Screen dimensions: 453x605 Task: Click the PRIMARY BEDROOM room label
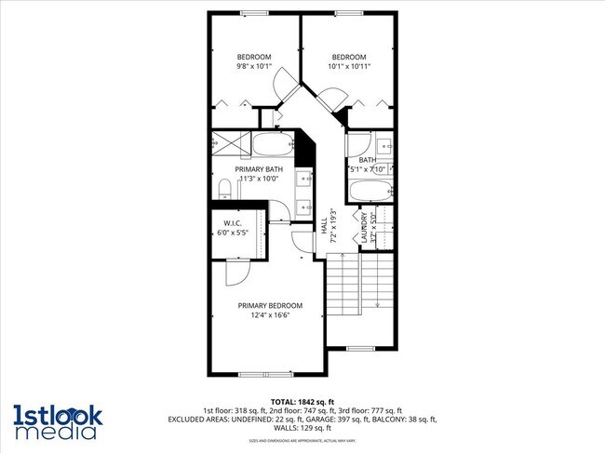pyautogui.click(x=270, y=305)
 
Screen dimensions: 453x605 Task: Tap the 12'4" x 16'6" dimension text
pyautogui.click(x=270, y=315)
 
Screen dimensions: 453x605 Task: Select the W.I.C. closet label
pyautogui.click(x=233, y=223)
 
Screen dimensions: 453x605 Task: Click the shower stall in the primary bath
pyautogui.click(x=228, y=144)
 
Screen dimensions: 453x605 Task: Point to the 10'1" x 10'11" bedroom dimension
pyautogui.click(x=348, y=66)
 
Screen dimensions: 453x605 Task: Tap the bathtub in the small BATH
pyautogui.click(x=370, y=192)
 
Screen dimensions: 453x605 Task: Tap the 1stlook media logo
pyautogui.click(x=58, y=421)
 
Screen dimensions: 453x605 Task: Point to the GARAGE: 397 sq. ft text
pyautogui.click(x=341, y=420)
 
